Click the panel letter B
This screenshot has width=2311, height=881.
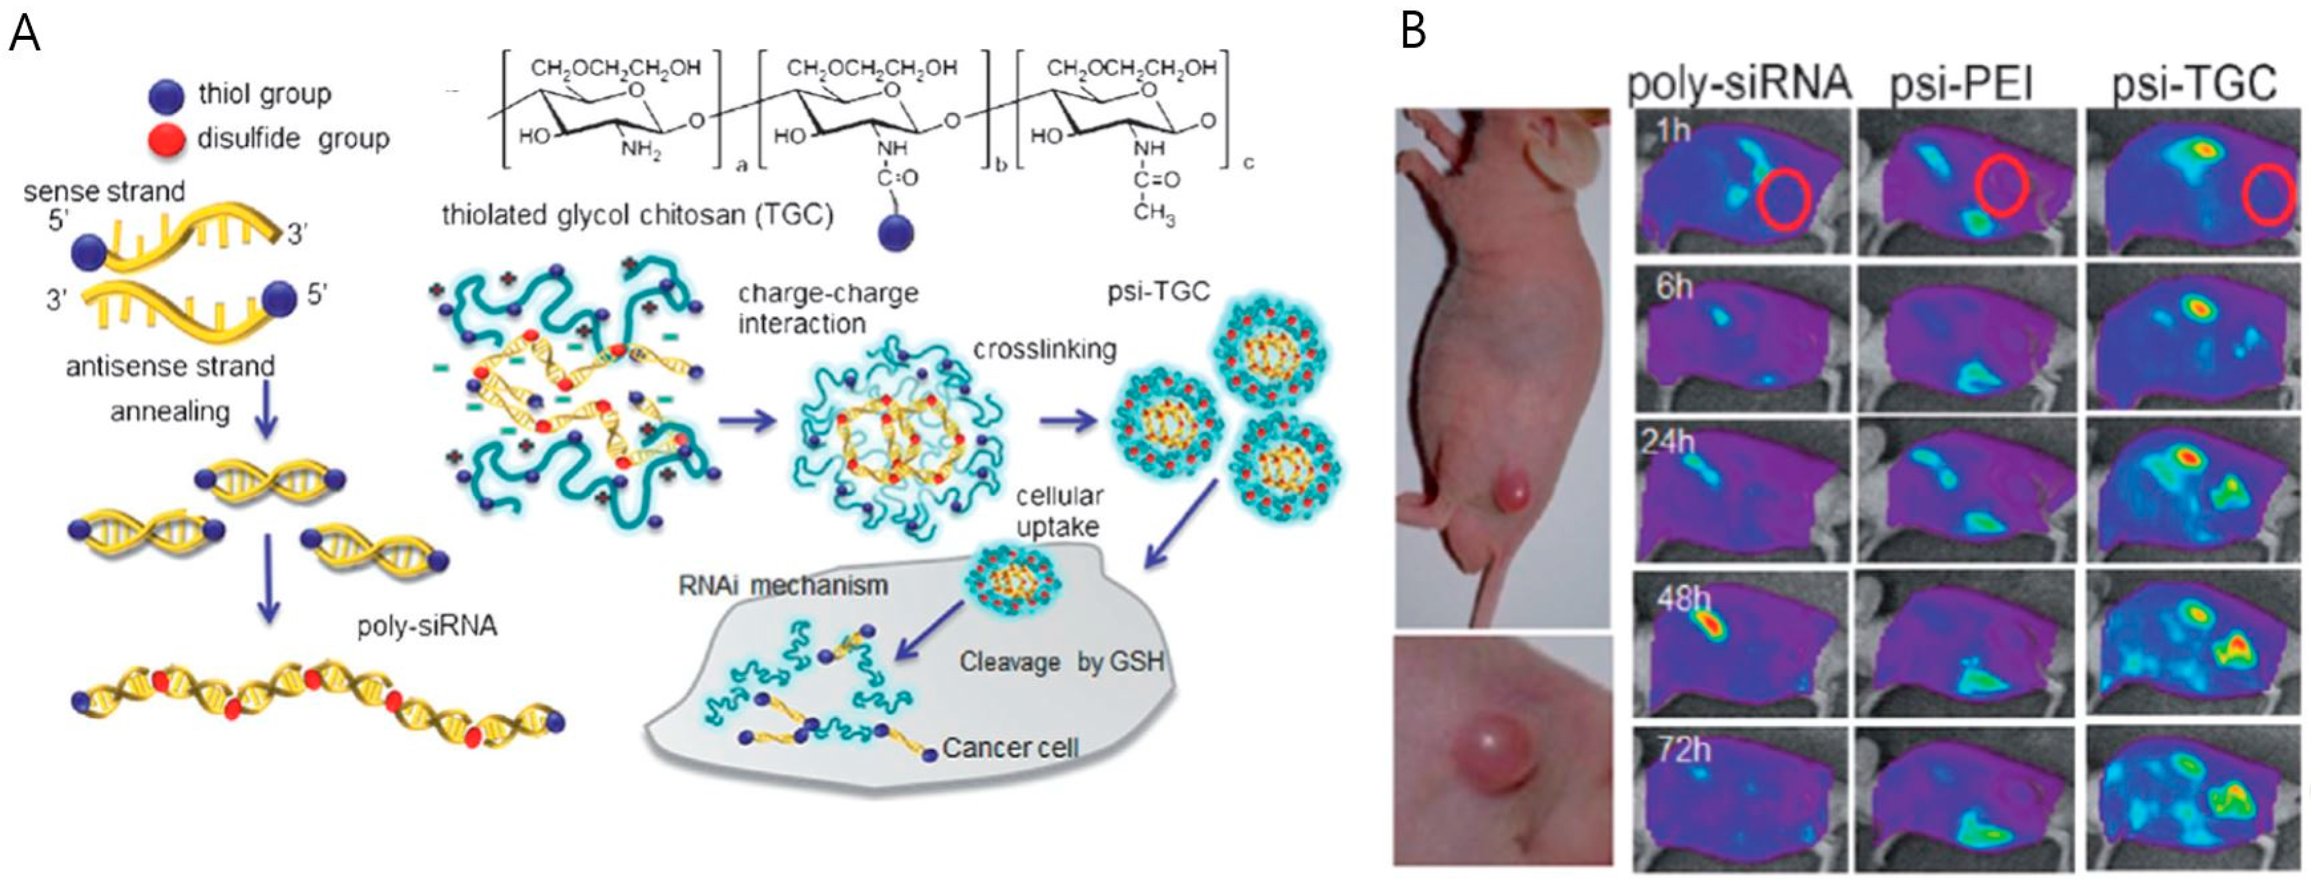[1414, 31]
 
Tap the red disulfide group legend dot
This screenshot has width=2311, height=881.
[167, 140]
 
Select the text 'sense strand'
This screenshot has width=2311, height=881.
[104, 191]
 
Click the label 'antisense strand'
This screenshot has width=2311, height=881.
[170, 367]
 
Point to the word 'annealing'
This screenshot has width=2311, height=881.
[170, 412]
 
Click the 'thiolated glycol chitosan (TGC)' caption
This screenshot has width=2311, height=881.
[637, 216]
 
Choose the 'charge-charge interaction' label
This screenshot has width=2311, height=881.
[827, 309]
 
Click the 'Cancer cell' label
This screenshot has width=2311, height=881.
[1011, 747]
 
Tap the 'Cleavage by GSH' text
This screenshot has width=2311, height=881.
[1062, 662]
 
